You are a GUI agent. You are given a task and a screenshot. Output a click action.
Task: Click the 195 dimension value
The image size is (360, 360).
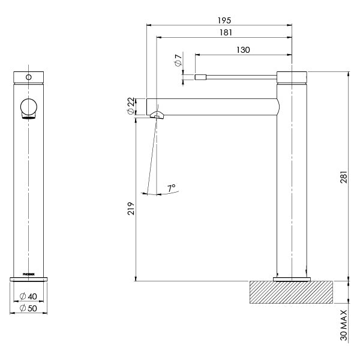[224, 20]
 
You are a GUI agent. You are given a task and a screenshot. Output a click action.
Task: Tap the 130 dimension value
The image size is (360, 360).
[243, 50]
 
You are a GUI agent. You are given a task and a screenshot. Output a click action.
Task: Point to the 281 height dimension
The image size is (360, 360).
[343, 176]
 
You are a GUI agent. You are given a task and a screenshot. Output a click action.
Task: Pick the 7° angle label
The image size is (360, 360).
[172, 188]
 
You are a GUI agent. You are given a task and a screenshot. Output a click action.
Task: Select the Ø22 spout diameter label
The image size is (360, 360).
[131, 107]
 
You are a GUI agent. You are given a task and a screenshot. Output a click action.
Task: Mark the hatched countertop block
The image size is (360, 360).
[291, 292]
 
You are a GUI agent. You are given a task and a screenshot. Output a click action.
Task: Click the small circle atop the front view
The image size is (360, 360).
[28, 77]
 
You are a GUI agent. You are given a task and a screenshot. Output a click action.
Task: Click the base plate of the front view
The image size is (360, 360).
[28, 279]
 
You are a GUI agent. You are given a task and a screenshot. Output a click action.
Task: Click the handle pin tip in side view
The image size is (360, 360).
[200, 76]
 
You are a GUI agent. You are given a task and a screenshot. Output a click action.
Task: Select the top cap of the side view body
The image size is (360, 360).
[292, 76]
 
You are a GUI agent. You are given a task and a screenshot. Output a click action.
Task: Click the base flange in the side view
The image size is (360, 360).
[292, 279]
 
